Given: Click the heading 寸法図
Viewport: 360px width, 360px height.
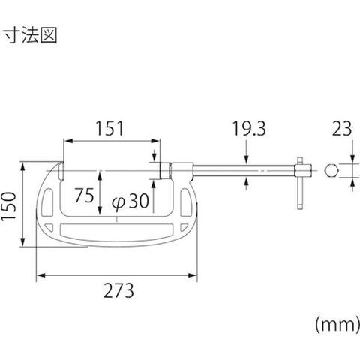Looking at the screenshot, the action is coord(31,35).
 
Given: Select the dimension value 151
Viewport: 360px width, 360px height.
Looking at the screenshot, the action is coord(110,129).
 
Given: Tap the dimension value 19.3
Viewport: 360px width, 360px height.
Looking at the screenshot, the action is coord(249,129).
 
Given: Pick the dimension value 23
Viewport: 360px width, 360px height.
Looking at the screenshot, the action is coord(341,129).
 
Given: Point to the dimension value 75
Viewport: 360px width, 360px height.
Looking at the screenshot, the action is coord(85,195).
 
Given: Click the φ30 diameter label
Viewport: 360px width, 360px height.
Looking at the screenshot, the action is coord(130,202).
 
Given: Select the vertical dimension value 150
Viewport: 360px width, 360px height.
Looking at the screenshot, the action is coord(9,206).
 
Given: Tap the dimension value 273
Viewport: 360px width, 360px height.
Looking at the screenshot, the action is coord(118,290).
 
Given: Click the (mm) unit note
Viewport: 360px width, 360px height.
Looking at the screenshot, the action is coord(337,325).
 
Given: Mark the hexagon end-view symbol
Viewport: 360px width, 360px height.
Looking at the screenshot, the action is coord(331,171).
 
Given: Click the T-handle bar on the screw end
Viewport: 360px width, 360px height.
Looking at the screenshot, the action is coord(300,183).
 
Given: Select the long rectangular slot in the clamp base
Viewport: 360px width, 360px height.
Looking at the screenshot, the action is coord(117,229).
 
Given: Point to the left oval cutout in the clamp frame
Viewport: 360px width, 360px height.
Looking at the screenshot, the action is coord(47,202).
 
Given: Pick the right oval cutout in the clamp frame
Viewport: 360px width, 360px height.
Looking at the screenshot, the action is coord(186,202).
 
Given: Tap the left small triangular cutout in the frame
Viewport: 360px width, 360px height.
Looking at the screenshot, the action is coord(49,227).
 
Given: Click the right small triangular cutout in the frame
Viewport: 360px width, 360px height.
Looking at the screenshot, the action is coord(184,227).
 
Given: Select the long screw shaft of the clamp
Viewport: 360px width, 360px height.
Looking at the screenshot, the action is coord(244,171).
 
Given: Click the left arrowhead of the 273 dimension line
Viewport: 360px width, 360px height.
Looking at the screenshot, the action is coord(41,275).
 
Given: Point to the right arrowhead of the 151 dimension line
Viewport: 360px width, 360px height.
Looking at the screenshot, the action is coord(155,141).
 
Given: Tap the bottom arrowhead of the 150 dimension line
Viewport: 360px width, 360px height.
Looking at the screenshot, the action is coord(22,241).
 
